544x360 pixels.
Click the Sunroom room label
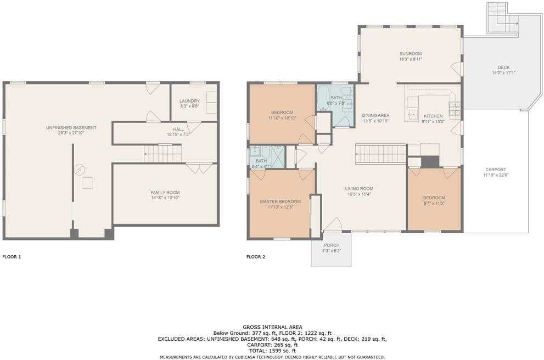410,53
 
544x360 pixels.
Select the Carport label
495,170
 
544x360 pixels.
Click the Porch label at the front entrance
332,245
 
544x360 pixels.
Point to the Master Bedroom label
280,201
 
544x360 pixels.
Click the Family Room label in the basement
165,192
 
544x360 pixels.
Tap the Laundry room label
189,101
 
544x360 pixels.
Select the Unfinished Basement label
71,127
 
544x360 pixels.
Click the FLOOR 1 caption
12,256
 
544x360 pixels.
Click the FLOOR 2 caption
256,256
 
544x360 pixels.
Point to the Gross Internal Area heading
272,327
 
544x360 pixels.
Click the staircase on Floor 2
380,154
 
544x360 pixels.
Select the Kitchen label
433,116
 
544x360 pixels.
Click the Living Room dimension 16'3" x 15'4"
359,194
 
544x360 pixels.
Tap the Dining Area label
375,115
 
